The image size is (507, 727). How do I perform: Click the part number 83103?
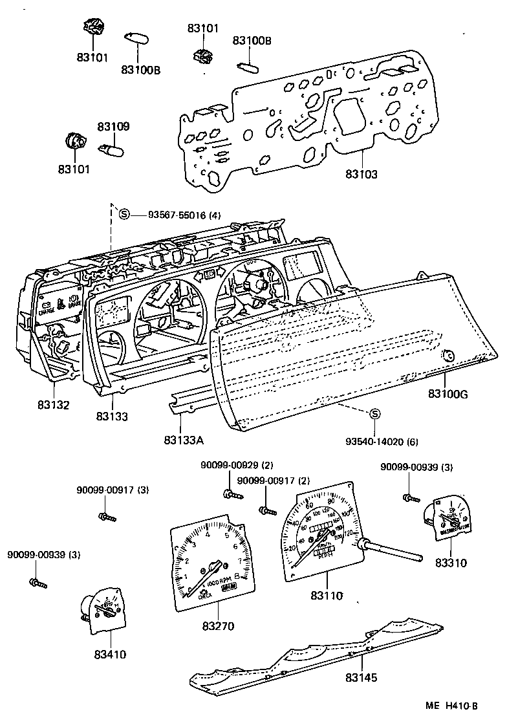click(361, 174)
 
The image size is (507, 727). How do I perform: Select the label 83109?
click(114, 127)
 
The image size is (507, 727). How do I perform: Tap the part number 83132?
click(53, 405)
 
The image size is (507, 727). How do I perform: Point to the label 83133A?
click(184, 440)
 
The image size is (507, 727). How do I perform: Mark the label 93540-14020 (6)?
click(382, 442)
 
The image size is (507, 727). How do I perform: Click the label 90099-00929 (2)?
click(228, 466)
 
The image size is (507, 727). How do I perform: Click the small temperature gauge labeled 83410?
click(102, 612)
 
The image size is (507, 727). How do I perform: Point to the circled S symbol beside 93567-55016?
click(124, 215)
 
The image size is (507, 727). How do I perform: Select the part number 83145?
click(361, 678)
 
